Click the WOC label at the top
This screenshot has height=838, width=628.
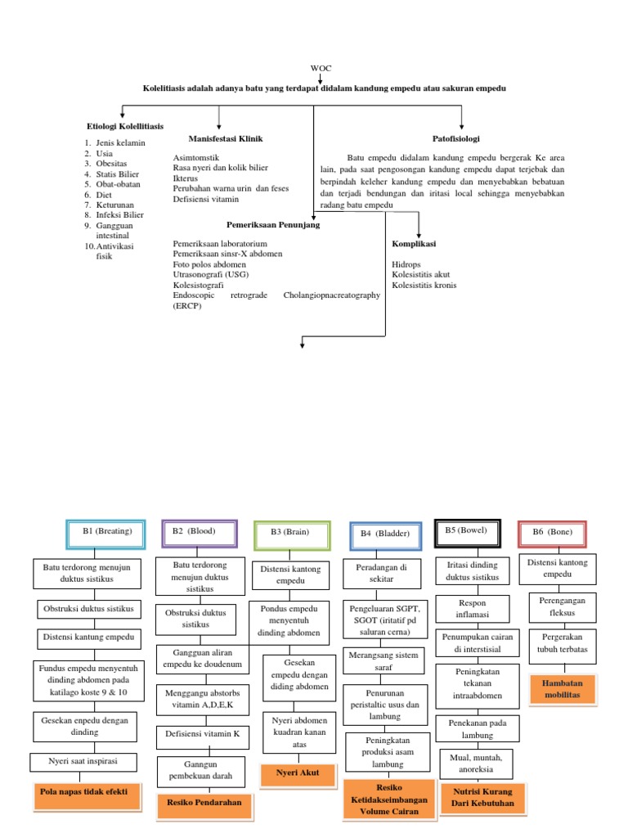[321, 68]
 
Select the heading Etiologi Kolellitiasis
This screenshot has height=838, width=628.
[125, 126]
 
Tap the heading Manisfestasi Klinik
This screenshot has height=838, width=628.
[226, 138]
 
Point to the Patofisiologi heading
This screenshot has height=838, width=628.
[455, 138]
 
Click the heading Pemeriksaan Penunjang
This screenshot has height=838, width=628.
[273, 224]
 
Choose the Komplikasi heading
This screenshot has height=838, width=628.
[414, 244]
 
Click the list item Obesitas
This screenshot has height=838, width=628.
[112, 163]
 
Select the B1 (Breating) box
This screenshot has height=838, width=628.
[106, 533]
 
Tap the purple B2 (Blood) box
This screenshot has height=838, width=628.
[200, 532]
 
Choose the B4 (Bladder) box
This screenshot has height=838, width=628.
[385, 534]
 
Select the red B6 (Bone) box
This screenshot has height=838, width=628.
[552, 533]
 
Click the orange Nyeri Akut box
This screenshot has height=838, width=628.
[297, 772]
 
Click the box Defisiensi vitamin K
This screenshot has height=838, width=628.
[203, 734]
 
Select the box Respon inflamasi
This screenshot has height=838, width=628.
[473, 608]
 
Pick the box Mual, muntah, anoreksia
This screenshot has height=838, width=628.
[475, 764]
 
